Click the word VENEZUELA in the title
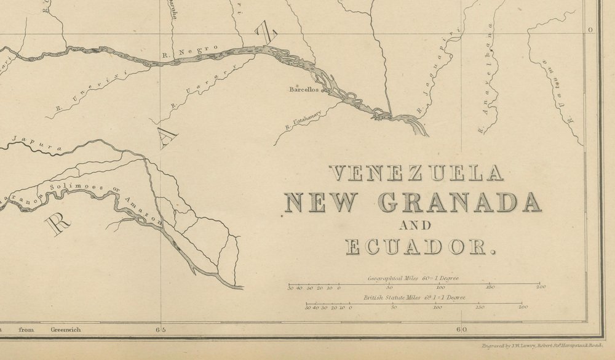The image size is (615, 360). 416,174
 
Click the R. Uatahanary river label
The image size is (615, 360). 307,119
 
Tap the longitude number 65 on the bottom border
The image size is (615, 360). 161,330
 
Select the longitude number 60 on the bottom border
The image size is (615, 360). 461,330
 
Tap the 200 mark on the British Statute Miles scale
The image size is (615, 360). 523,306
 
